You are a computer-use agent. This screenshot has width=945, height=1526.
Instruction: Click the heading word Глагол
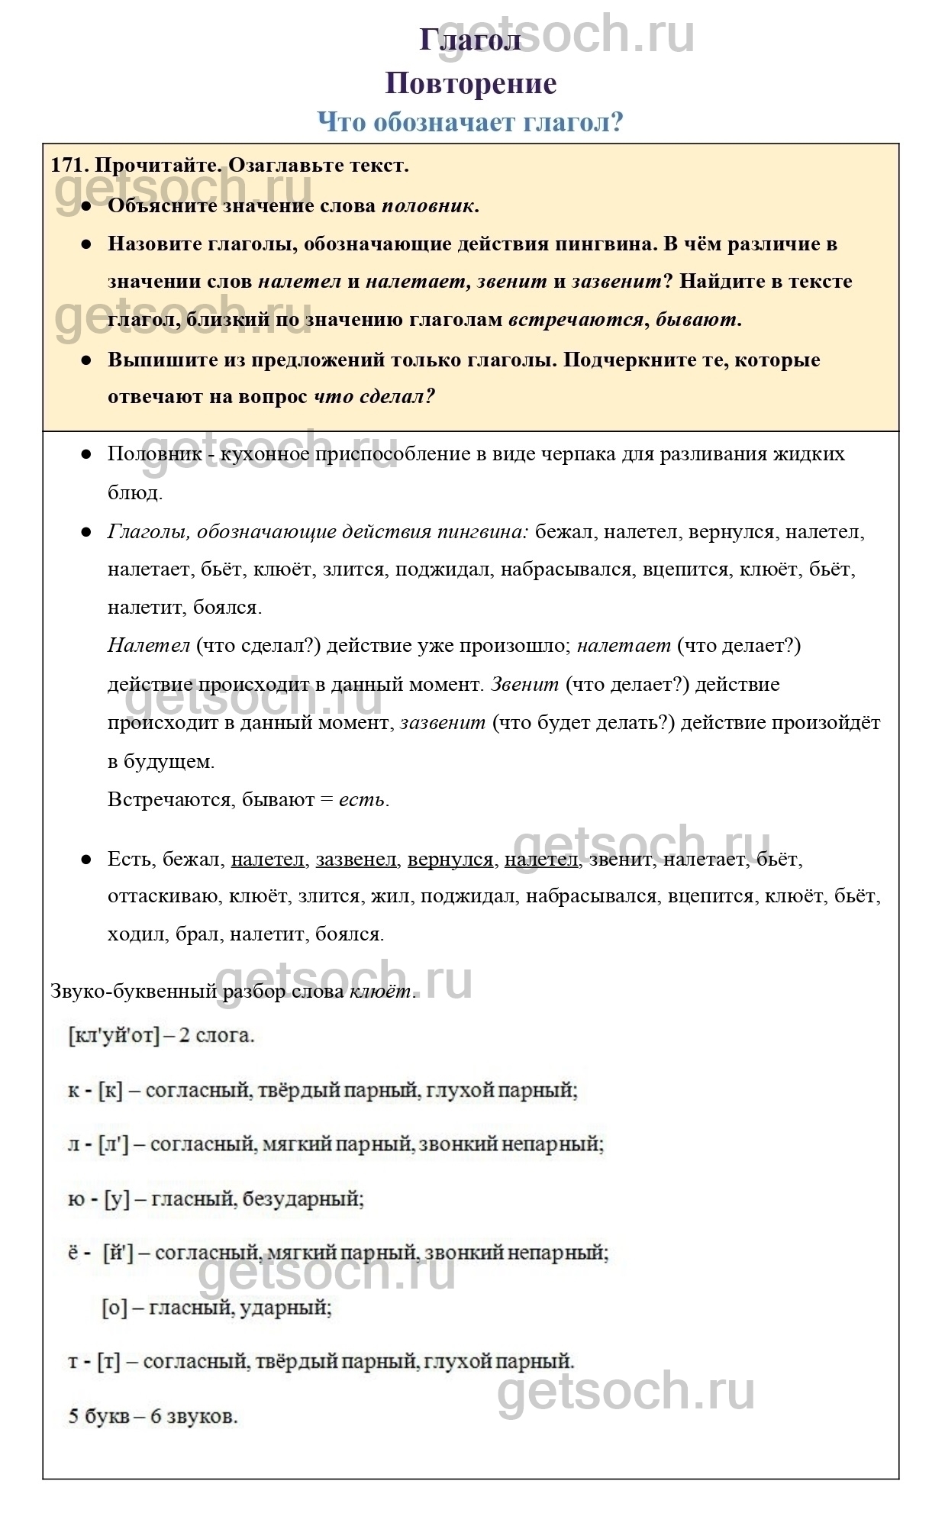pyautogui.click(x=470, y=40)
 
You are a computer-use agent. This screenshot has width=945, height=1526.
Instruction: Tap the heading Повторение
pyautogui.click(x=471, y=83)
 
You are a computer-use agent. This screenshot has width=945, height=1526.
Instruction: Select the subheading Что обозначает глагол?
pyautogui.click(x=470, y=121)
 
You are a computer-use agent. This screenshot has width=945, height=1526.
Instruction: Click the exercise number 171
pyautogui.click(x=69, y=165)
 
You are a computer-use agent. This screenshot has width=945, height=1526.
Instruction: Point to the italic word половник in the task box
pyautogui.click(x=430, y=205)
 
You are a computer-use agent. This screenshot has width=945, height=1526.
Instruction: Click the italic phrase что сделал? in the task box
pyautogui.click(x=374, y=397)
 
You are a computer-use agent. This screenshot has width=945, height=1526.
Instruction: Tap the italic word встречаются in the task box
pyautogui.click(x=576, y=320)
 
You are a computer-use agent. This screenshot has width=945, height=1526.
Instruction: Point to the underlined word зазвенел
pyautogui.click(x=356, y=860)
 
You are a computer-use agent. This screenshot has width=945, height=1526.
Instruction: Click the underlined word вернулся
pyautogui.click(x=450, y=860)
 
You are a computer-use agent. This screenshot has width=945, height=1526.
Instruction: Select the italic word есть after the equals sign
pyautogui.click(x=363, y=800)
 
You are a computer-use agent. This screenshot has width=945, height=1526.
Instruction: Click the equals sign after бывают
pyautogui.click(x=327, y=800)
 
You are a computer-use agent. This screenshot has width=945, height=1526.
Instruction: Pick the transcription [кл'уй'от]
pyautogui.click(x=114, y=1036)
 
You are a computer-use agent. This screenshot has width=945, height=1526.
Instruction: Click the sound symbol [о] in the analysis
pyautogui.click(x=114, y=1308)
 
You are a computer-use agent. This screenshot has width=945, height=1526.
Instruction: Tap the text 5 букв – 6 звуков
pyautogui.click(x=153, y=1417)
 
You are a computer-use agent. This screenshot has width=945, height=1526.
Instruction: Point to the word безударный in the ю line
pyautogui.click(x=302, y=1199)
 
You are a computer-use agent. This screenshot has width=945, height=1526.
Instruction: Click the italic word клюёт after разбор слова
pyautogui.click(x=381, y=992)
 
